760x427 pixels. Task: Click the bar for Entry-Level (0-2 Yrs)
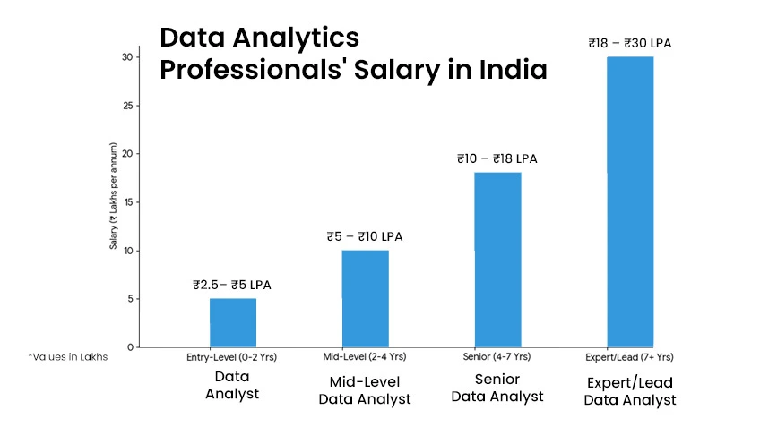tap(233, 322)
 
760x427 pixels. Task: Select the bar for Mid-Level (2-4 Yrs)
tap(365, 298)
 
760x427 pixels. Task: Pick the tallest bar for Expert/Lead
tap(630, 201)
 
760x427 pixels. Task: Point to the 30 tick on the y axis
tap(127, 57)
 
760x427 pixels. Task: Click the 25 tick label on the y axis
tap(127, 106)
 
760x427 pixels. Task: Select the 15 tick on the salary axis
tap(127, 202)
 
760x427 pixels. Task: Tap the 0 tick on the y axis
tap(130, 347)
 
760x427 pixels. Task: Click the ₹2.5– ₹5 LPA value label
tap(232, 286)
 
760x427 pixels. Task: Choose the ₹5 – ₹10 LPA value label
tap(365, 237)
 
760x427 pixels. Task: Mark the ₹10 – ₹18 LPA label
tap(497, 159)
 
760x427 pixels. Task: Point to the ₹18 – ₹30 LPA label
tap(629, 42)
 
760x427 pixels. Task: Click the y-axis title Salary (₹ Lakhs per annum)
tap(114, 194)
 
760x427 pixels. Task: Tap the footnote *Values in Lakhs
tap(68, 356)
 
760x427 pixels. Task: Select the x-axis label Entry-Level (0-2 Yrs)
tap(232, 357)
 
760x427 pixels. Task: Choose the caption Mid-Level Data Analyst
tap(365, 390)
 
